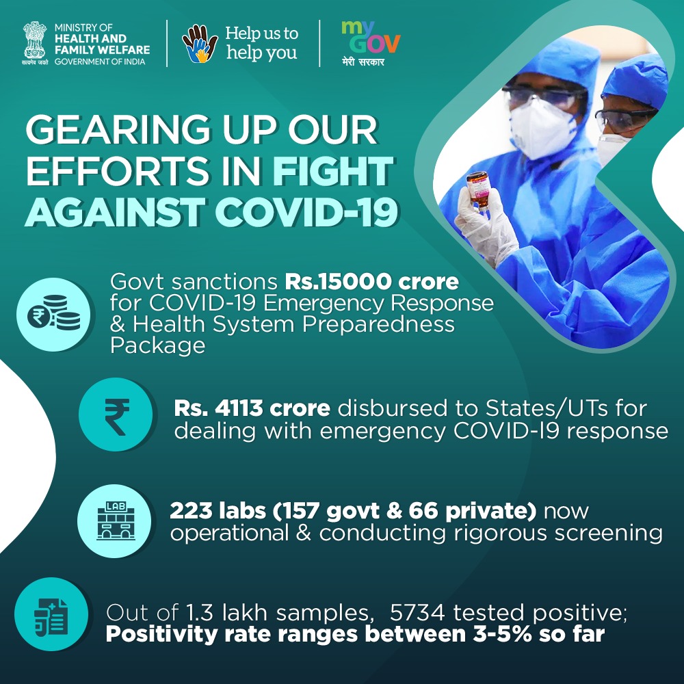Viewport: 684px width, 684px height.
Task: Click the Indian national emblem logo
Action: pyautogui.click(x=34, y=42)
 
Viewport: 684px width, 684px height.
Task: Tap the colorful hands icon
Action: pyautogui.click(x=200, y=44)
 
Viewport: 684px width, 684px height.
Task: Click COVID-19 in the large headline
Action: pyautogui.click(x=306, y=213)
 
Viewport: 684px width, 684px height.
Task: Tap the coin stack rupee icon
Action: pyautogui.click(x=53, y=314)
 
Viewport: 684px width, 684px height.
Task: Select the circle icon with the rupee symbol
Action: pyautogui.click(x=116, y=414)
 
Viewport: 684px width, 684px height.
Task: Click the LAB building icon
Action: pyautogui.click(x=115, y=521)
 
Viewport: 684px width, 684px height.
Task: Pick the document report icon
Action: pyautogui.click(x=51, y=614)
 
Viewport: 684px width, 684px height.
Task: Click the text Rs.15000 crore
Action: pyautogui.click(x=371, y=282)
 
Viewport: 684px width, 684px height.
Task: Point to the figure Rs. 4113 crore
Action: pyautogui.click(x=252, y=408)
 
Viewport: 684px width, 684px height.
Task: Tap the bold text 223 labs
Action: pyautogui.click(x=218, y=510)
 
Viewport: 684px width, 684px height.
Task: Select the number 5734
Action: pyautogui.click(x=417, y=612)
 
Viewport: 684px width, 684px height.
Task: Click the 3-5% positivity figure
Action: pyautogui.click(x=503, y=634)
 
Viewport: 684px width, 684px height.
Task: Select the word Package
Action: pyautogui.click(x=157, y=345)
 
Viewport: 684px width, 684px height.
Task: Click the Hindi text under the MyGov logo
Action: pyautogui.click(x=363, y=62)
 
